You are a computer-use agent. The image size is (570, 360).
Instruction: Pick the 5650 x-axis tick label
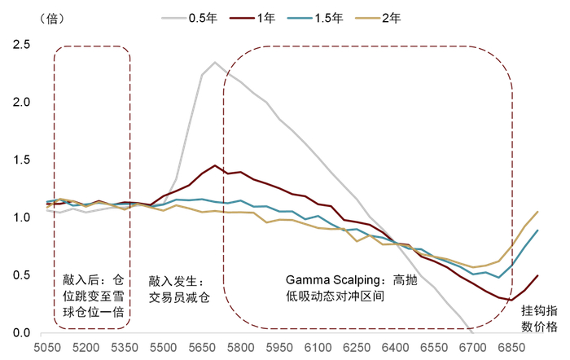[200, 346]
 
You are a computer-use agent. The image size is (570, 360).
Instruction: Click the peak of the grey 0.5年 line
[215, 62]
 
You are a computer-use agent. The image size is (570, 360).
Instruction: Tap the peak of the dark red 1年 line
[215, 165]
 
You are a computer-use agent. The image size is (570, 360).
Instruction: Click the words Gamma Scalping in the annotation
[334, 279]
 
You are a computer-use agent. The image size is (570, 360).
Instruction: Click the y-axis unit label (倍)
[26, 16]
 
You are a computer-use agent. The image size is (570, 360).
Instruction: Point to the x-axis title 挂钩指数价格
[540, 318]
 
